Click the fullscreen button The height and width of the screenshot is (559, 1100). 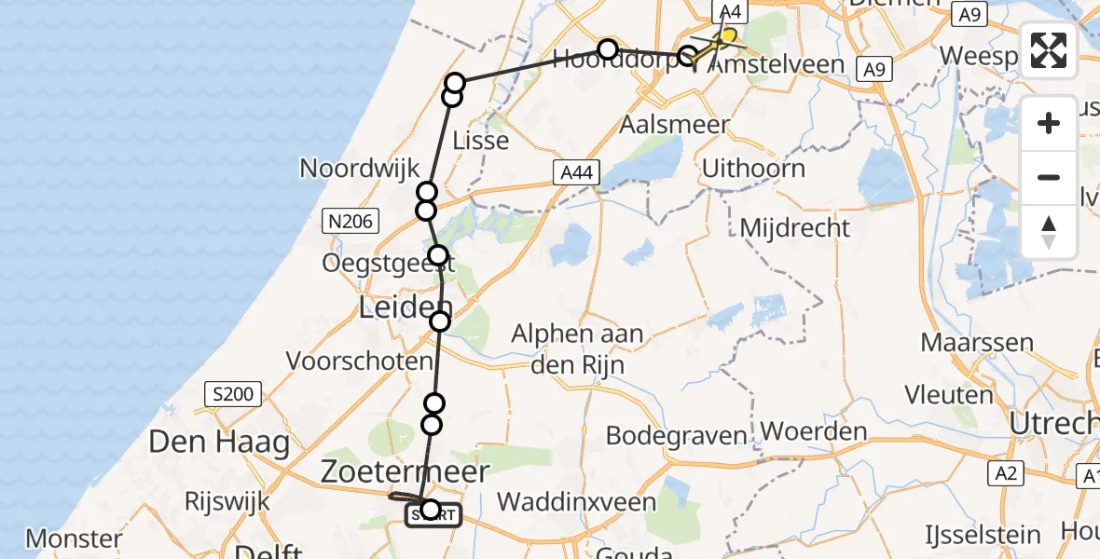click(x=1049, y=50)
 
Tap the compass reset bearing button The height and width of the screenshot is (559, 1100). click(x=1049, y=232)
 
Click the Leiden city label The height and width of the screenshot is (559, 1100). click(x=406, y=308)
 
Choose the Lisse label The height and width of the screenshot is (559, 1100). click(x=480, y=141)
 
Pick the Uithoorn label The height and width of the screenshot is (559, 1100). click(x=753, y=169)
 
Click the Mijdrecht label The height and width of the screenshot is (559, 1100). click(x=794, y=227)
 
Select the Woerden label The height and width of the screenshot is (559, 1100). click(x=814, y=432)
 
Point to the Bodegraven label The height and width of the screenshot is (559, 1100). click(x=676, y=435)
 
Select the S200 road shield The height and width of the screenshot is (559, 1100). click(x=231, y=394)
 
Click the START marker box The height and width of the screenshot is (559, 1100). click(x=433, y=515)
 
